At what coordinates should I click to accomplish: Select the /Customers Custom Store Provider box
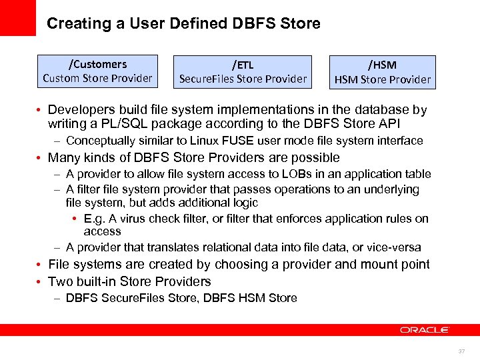tap(97, 71)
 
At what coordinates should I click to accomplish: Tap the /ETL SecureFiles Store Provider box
tap(243, 72)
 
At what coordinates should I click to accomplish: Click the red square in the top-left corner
tap(17, 17)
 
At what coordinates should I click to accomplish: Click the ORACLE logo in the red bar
tap(425, 330)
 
